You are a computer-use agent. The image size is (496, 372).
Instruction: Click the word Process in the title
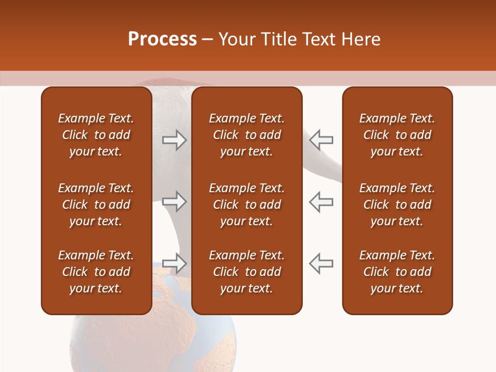[162, 39]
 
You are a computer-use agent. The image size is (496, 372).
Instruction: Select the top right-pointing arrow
[175, 140]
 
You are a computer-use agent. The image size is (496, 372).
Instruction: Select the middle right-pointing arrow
[175, 202]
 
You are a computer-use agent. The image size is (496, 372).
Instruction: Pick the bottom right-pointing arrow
[175, 263]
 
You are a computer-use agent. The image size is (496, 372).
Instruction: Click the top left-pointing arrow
[321, 140]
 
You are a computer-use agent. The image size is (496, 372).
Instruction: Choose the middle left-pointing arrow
[321, 202]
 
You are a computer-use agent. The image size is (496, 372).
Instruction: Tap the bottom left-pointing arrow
[321, 263]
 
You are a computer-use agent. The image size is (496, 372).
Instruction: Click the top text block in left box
[96, 135]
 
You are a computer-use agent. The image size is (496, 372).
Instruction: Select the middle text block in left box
[96, 205]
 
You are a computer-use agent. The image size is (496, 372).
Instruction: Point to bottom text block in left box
[96, 272]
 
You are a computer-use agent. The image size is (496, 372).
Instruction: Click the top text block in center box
[246, 135]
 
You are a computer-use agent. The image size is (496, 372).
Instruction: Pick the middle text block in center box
[246, 205]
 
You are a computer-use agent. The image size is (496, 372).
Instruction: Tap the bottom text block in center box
[246, 272]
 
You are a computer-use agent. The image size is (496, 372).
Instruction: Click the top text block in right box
[397, 135]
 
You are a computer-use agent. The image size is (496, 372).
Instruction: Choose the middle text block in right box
[397, 205]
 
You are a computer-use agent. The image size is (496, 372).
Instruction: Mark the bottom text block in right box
[397, 272]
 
